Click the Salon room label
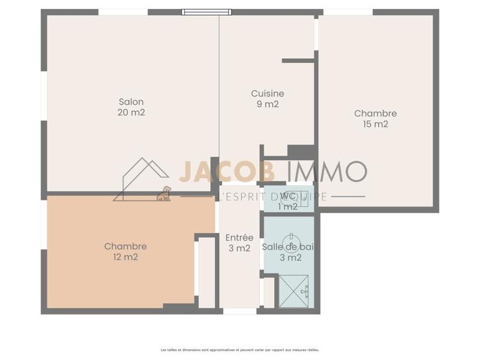pos(131,101)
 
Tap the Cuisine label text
pos(267,94)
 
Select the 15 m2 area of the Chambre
pos(375,124)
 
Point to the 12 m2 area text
pos(125,257)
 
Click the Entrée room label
pos(239,238)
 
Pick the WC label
pos(288,196)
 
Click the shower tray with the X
pos(293,292)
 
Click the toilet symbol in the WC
pos(302,197)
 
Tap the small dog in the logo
pos(163,193)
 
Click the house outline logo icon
pos(141,179)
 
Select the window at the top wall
pos(206,12)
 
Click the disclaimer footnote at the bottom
pos(240,349)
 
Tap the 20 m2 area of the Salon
pos(131,112)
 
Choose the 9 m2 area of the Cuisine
pos(267,104)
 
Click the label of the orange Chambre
pos(125,246)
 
